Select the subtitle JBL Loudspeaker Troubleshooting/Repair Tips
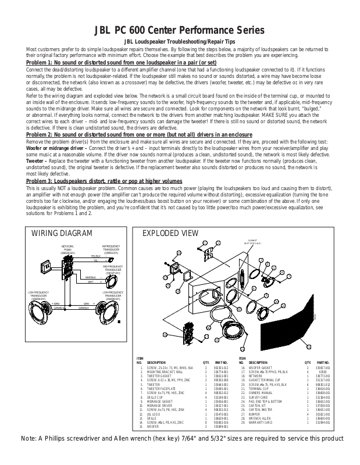180,43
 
